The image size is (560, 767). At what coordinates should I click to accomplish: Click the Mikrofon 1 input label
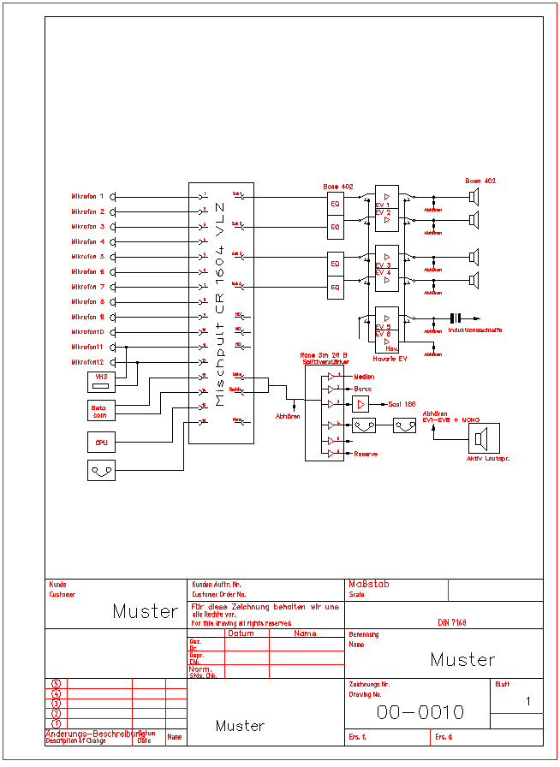[87, 197]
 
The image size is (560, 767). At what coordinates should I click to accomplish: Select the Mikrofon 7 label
[87, 287]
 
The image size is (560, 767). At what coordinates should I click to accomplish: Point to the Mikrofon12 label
[87, 362]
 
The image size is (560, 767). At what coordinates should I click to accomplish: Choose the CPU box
[100, 443]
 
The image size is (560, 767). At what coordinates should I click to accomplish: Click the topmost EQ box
[336, 205]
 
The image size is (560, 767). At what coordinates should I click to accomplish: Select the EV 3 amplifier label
[383, 265]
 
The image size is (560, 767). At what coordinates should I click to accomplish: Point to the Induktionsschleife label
[474, 330]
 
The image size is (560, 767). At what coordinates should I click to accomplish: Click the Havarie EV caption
[390, 359]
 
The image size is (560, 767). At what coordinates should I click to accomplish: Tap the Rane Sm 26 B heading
[324, 354]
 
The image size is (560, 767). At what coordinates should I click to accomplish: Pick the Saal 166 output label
[402, 404]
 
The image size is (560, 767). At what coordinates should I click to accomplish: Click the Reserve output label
[366, 454]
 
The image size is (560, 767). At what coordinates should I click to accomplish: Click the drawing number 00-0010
[420, 712]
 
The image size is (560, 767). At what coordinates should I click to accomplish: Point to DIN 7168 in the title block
[452, 622]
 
